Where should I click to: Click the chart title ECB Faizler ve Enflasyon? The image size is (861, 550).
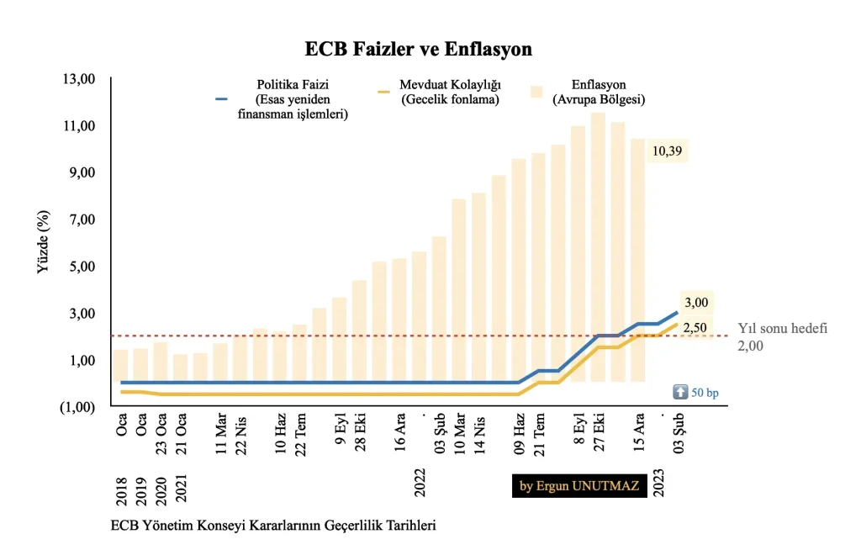click(x=419, y=49)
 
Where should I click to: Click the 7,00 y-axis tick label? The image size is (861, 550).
click(x=82, y=219)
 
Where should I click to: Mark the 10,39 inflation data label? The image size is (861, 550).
click(x=667, y=151)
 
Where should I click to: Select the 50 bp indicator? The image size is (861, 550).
click(x=696, y=393)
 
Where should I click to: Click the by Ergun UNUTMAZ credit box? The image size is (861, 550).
click(x=579, y=486)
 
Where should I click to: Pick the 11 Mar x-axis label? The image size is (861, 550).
click(x=220, y=433)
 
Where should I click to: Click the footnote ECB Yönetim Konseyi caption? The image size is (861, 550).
click(x=273, y=526)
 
